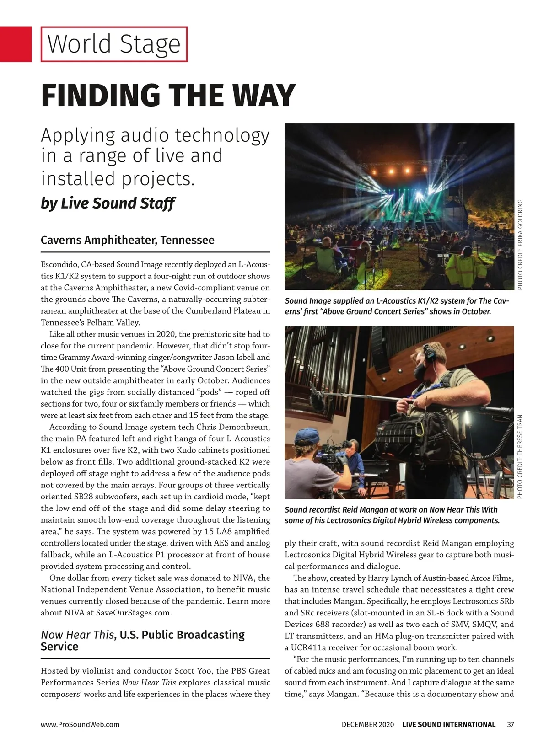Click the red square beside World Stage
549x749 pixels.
[16, 44]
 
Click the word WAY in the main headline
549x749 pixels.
[259, 96]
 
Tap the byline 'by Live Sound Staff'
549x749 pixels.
[108, 203]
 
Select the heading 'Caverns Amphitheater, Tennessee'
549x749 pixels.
[127, 240]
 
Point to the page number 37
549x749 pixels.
[511, 724]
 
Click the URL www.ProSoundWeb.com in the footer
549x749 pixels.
[80, 724]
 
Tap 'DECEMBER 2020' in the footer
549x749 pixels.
[367, 724]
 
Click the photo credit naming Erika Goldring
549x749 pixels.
[520, 245]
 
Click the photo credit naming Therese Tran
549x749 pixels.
[520, 456]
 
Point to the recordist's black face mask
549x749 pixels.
[422, 370]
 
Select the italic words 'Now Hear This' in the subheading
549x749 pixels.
[77, 635]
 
